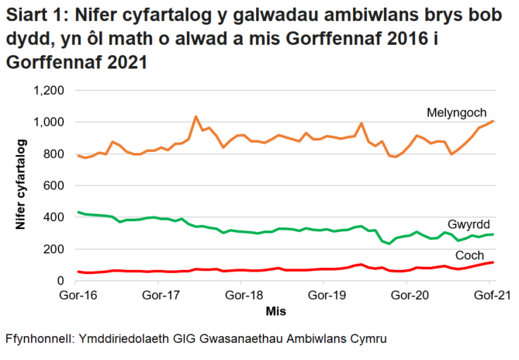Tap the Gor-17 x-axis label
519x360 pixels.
point(161,295)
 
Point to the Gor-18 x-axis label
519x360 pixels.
point(246,295)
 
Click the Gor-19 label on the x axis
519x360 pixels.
point(328,295)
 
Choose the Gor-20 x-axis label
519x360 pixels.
point(411,295)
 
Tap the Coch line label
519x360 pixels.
point(469,255)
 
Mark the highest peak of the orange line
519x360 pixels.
point(195,116)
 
